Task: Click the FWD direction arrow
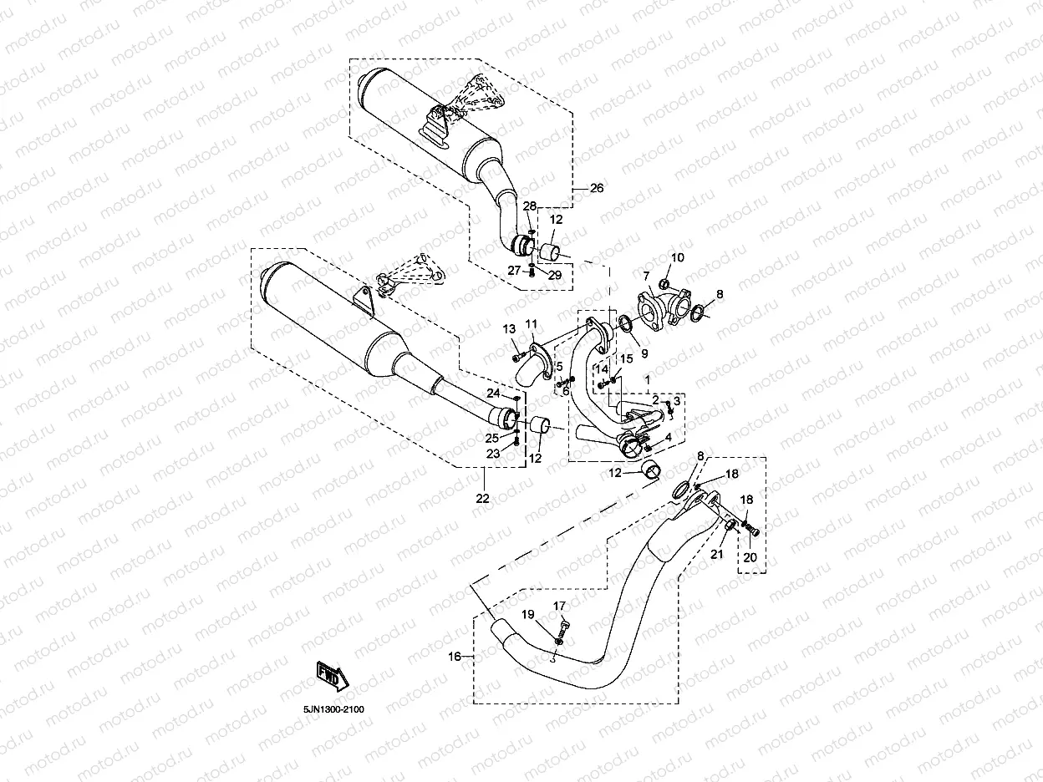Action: [333, 676]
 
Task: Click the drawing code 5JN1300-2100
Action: [333, 709]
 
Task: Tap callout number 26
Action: [597, 189]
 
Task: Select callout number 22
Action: [482, 499]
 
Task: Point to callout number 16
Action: [455, 656]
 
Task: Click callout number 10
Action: [677, 257]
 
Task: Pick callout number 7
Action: [646, 277]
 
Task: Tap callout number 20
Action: [750, 557]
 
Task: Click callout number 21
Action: [716, 554]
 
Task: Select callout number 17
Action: [559, 606]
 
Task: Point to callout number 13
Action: [509, 329]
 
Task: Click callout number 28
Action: [530, 206]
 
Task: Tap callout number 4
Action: [669, 437]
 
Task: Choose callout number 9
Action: [644, 353]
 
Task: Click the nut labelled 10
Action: [665, 285]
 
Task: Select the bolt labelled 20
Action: [753, 531]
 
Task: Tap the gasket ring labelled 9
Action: [626, 324]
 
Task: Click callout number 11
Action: [532, 324]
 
